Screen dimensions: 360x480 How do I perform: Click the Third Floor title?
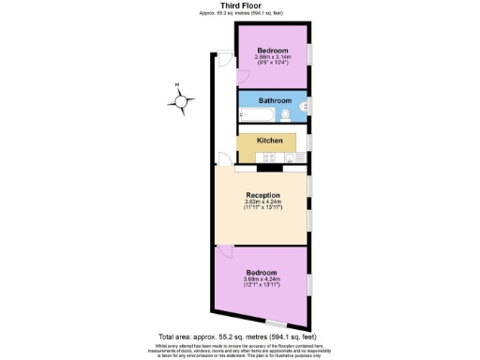[x=239, y=6]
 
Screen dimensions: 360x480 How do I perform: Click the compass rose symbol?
[x=183, y=98]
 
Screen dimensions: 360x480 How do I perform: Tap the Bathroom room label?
[x=275, y=101]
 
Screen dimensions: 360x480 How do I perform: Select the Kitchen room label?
[x=270, y=141]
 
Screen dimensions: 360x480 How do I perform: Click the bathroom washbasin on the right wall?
[x=305, y=106]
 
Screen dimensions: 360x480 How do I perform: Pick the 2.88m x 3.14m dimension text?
[x=275, y=57]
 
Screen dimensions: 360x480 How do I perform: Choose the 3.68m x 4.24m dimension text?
[x=262, y=279]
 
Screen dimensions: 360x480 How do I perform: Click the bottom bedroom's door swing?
[x=224, y=252]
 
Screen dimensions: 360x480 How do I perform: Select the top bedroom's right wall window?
[x=310, y=56]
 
